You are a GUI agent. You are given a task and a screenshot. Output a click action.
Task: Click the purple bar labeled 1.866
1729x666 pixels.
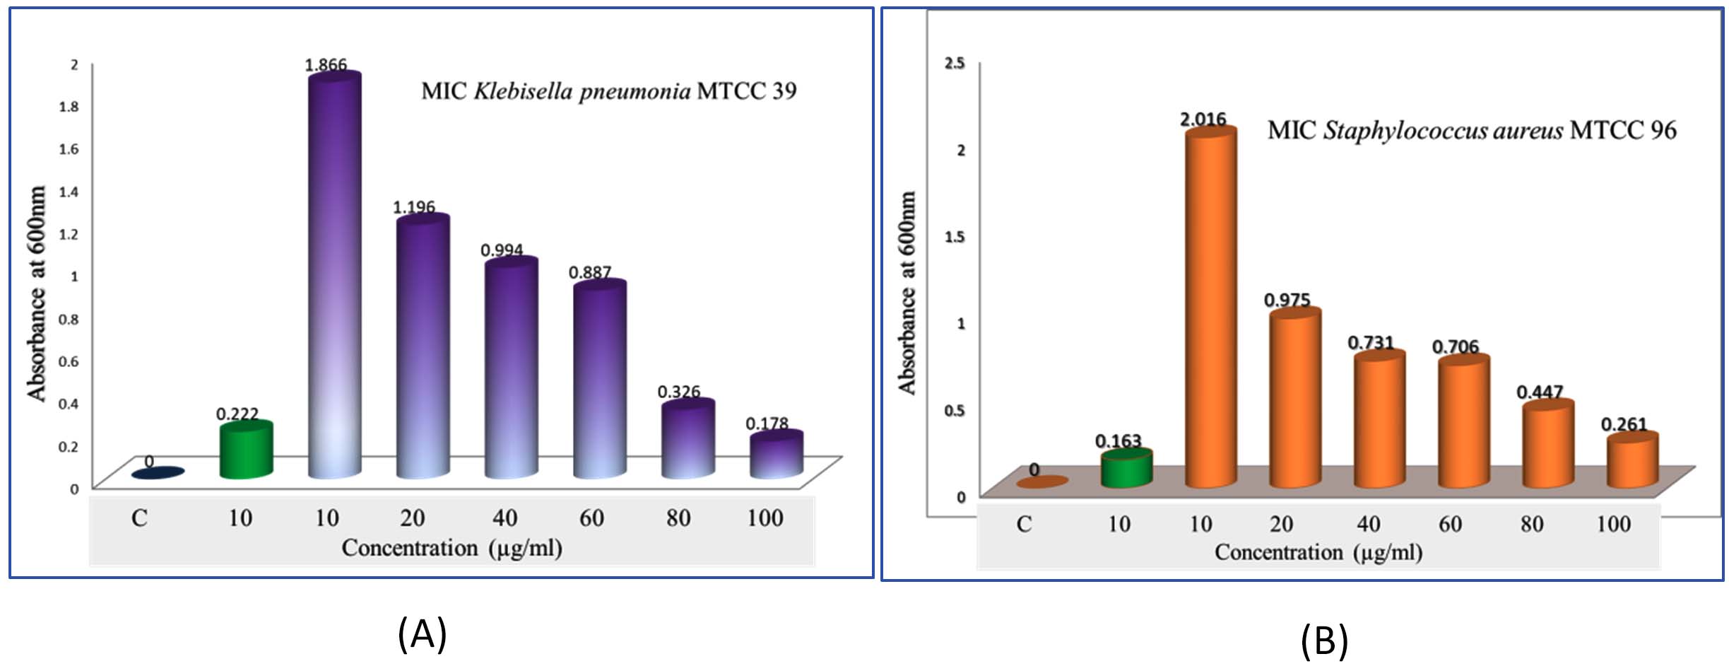334,276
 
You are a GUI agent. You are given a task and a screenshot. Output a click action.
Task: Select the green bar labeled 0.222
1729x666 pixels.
246,451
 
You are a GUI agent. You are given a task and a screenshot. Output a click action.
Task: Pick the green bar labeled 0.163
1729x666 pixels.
1126,469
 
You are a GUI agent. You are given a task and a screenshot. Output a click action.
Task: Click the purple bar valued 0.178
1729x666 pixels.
776,456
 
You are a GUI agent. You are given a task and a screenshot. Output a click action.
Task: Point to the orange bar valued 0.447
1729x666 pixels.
1547,445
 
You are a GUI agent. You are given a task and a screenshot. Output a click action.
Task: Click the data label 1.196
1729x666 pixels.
413,207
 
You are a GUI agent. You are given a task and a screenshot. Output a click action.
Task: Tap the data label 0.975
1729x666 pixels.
1287,300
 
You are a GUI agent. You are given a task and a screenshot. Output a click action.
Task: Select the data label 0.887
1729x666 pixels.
589,272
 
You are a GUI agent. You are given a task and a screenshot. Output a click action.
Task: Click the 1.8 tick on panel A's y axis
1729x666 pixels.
69,106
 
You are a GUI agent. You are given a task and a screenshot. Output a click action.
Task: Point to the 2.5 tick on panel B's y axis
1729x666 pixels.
955,63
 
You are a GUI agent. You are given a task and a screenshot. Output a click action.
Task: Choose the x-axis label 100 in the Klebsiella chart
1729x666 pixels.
765,518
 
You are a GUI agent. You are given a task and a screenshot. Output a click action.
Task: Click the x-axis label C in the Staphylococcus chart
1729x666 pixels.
1024,524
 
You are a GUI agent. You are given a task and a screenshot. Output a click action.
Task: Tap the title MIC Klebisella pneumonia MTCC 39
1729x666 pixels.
608,91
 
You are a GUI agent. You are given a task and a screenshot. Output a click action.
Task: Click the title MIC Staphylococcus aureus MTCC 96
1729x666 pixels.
1471,131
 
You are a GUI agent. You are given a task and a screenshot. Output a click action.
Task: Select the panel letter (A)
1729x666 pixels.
422,633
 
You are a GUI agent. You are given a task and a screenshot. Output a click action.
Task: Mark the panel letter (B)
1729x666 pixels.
1324,641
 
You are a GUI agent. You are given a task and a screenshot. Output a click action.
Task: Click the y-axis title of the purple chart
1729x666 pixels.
36,293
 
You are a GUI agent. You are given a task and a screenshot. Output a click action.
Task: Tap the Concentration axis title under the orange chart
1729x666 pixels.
1318,552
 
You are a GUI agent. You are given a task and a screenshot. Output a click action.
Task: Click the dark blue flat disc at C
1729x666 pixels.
158,473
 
